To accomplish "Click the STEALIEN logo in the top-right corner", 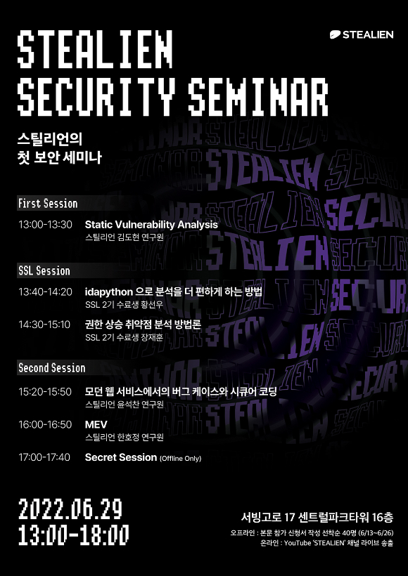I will pyautogui.click(x=363, y=34).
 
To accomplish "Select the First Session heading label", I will pyautogui.click(x=48, y=204).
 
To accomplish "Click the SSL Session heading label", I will pyautogui.click(x=44, y=271).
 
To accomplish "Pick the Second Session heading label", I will pyautogui.click(x=52, y=368).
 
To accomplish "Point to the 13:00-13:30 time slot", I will pyautogui.click(x=45, y=225).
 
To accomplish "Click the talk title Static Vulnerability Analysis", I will pyautogui.click(x=151, y=225).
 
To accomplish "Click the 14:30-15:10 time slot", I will pyautogui.click(x=45, y=325).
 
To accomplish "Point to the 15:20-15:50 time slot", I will pyautogui.click(x=45, y=391).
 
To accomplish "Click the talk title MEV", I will pyautogui.click(x=96, y=424).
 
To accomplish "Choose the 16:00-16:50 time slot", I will pyautogui.click(x=45, y=424).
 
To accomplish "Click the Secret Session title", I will pyautogui.click(x=120, y=457).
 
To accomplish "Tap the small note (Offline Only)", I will pyautogui.click(x=180, y=459).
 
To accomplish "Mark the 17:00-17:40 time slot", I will pyautogui.click(x=45, y=457).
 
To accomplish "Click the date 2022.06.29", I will pyautogui.click(x=70, y=508).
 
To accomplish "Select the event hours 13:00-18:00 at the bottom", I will pyautogui.click(x=74, y=535).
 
